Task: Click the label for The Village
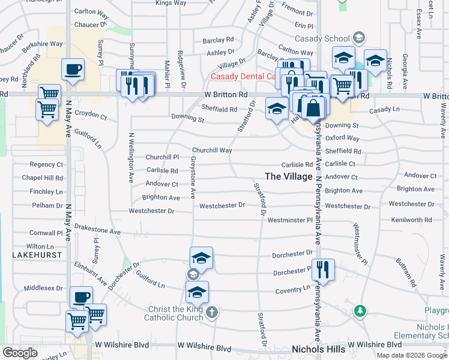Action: [x=288, y=176]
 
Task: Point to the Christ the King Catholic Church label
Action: [x=176, y=314]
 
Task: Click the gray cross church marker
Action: [x=211, y=312]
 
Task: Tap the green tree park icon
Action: [x=360, y=311]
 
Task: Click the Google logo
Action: [x=20, y=353]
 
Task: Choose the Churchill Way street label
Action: [x=212, y=150]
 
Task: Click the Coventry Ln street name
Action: [x=292, y=290]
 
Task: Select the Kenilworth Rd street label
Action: [x=411, y=220]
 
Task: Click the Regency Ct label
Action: [x=46, y=164]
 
